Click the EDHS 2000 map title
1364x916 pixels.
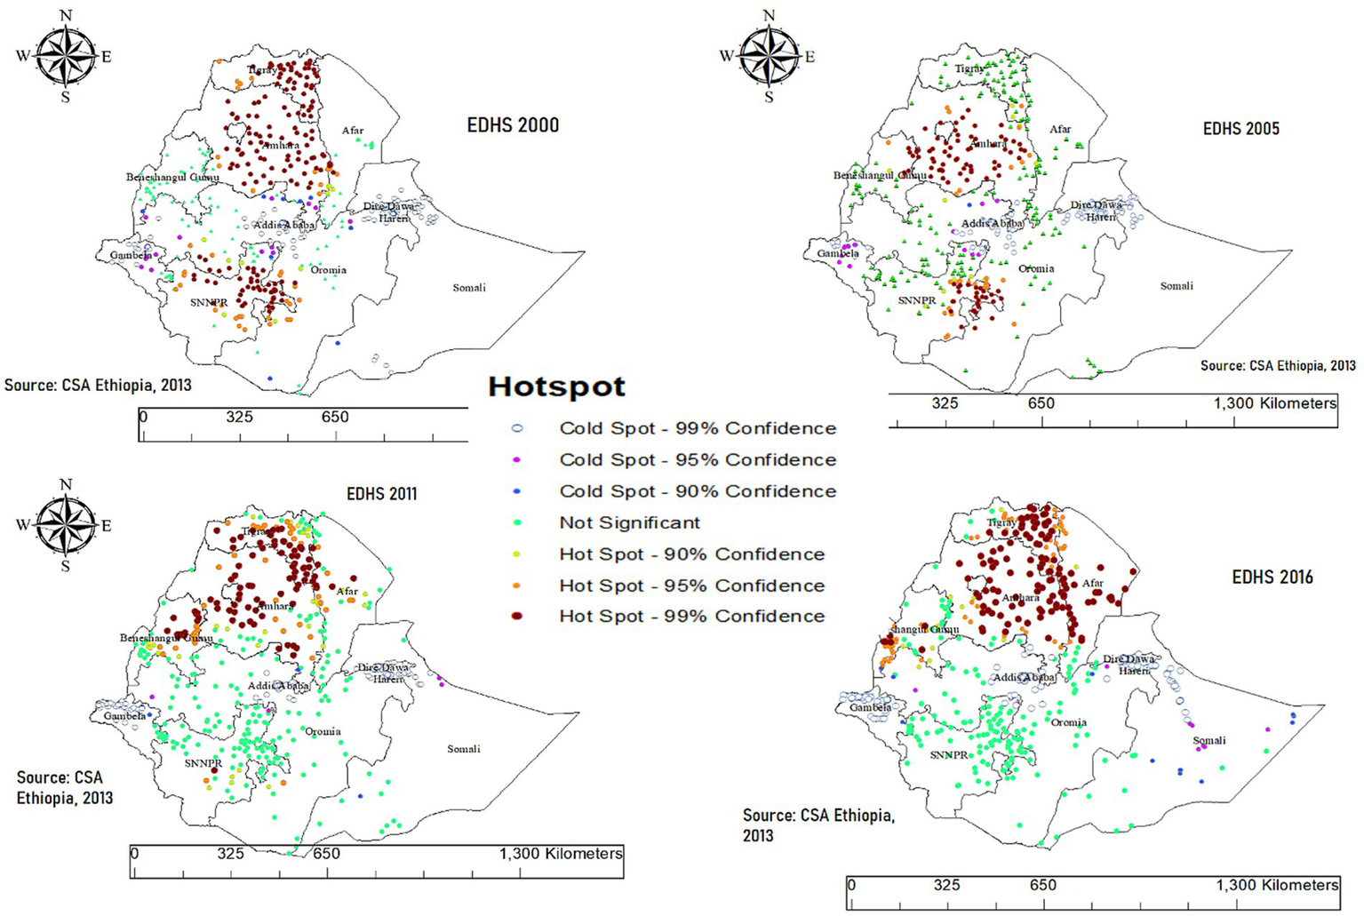coord(513,125)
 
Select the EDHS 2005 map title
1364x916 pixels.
coord(1240,129)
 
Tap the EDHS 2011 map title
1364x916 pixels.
coord(381,494)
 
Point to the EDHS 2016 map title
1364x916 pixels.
coord(1272,577)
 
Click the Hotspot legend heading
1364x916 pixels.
coord(556,387)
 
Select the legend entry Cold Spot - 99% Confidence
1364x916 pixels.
coord(697,428)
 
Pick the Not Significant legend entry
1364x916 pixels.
coord(629,523)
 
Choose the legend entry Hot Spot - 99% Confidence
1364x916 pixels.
coord(691,617)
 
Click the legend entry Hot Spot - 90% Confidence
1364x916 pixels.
coord(691,554)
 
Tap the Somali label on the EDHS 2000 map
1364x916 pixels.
coord(469,287)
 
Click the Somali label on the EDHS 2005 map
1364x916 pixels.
coord(1177,285)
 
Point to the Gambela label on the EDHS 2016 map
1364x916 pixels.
coord(871,707)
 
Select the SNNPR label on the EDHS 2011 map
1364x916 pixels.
coord(203,763)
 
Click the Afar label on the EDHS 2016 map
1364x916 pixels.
coord(1092,584)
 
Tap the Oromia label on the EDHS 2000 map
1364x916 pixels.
coord(328,269)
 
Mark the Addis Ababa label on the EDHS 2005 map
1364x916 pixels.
coord(992,223)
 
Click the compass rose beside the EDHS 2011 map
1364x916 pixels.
coord(66,525)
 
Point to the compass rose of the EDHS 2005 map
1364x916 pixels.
coord(769,55)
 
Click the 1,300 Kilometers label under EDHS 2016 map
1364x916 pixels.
coord(1277,885)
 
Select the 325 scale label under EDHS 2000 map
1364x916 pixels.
coord(239,417)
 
